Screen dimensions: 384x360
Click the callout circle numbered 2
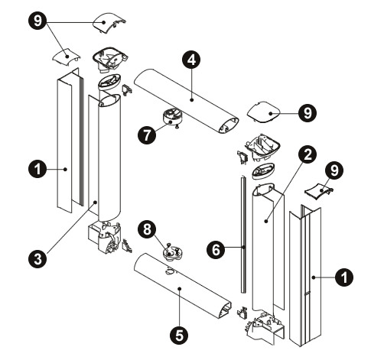coord(308,154)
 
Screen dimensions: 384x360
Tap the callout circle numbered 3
coord(37,259)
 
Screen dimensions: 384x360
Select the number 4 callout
coord(191,60)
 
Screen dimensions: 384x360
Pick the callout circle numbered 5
coord(179,336)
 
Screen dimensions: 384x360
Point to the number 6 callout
coord(216,250)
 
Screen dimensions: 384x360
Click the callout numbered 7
coord(147,135)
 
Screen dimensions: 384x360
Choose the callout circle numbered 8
coord(147,229)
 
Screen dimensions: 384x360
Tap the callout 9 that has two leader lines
coord(37,20)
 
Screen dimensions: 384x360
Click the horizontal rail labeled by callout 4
coord(187,101)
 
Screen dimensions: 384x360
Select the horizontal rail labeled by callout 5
coord(183,286)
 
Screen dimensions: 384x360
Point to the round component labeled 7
coord(173,116)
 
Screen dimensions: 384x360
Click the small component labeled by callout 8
coord(173,253)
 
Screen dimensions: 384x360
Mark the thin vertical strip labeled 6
coord(243,235)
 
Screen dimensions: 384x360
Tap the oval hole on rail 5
coord(170,272)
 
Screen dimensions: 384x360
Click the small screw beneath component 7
coord(176,127)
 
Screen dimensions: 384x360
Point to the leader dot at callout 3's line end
coord(96,203)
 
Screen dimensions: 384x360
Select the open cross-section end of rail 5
coord(225,310)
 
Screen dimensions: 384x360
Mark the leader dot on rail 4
coord(191,100)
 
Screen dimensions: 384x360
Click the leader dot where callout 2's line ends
coord(266,221)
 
